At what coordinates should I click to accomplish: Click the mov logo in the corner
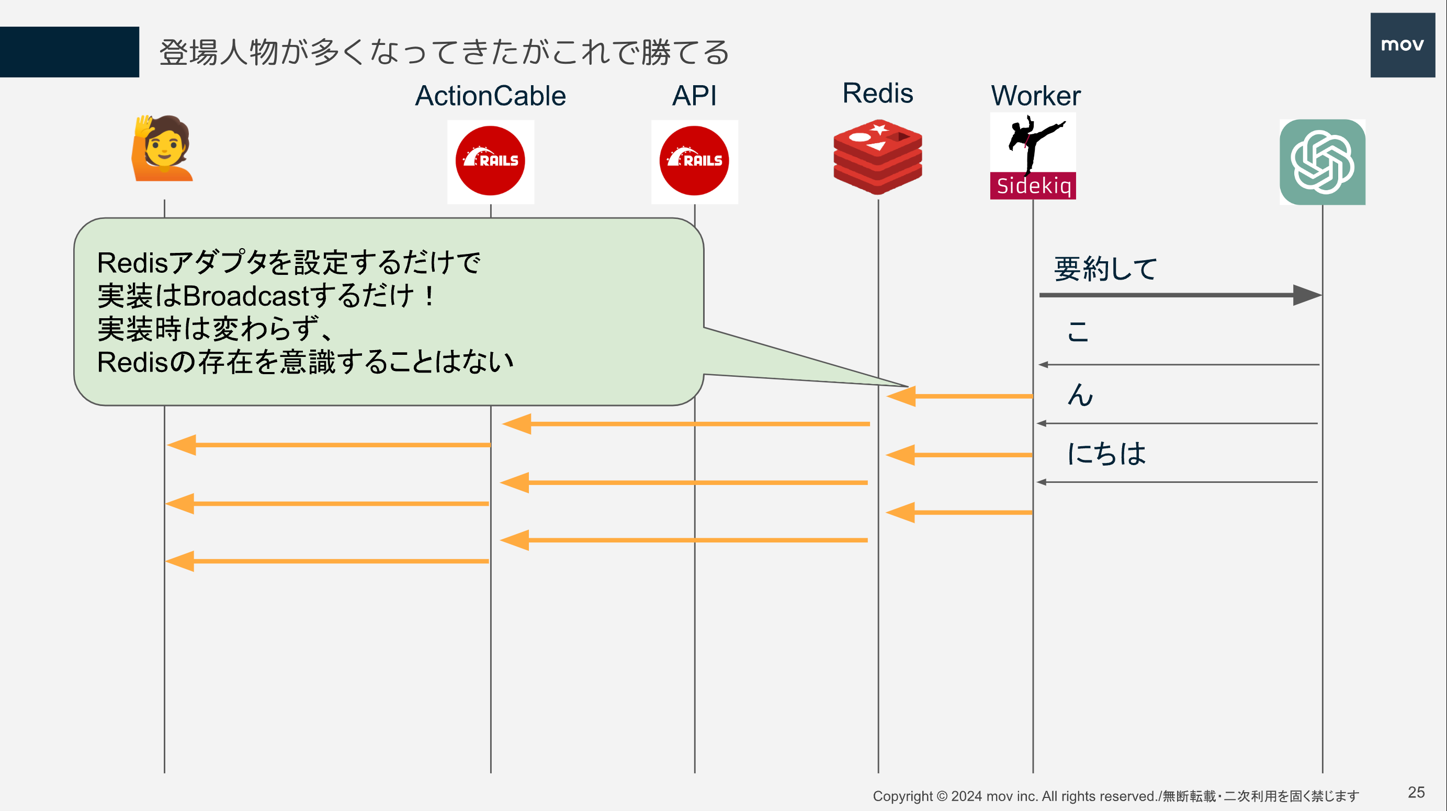(x=1402, y=45)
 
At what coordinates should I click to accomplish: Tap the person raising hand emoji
(x=162, y=149)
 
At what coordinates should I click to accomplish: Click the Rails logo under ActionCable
(x=490, y=161)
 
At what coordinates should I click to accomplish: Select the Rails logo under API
(x=694, y=161)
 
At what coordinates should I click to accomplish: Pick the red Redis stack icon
(x=878, y=157)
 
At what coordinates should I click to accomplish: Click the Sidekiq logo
(x=1033, y=157)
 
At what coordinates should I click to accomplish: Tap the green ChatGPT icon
(x=1322, y=162)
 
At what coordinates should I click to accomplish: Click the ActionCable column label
(x=490, y=96)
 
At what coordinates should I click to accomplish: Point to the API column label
(x=694, y=96)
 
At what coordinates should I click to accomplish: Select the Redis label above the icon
(x=878, y=93)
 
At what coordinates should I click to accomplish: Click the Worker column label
(x=1035, y=96)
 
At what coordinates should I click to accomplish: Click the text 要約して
(x=1105, y=269)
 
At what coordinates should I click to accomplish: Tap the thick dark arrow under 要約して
(x=1180, y=295)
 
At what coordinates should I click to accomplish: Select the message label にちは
(x=1106, y=454)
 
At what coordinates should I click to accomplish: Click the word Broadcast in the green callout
(x=246, y=296)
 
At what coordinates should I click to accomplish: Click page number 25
(x=1416, y=793)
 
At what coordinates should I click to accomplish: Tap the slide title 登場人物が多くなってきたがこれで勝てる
(x=444, y=53)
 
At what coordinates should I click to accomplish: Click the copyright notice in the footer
(x=1115, y=796)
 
